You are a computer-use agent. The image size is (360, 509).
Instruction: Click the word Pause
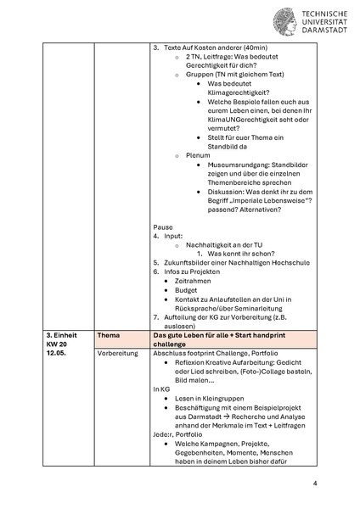point(163,227)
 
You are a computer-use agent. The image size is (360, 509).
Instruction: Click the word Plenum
point(198,155)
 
